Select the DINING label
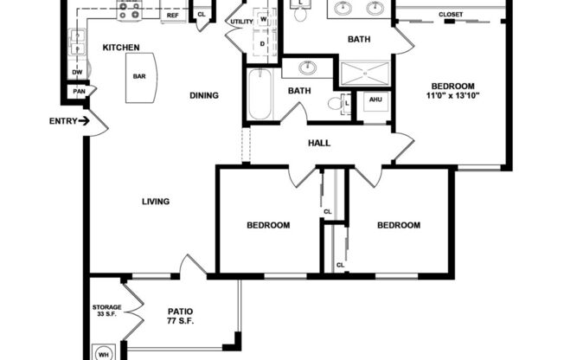click(203, 96)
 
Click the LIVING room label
click(156, 202)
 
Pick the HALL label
click(318, 144)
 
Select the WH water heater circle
click(102, 353)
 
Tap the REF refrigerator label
click(172, 16)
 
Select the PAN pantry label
click(79, 91)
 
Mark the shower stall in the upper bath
click(364, 74)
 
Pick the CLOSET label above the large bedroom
click(450, 15)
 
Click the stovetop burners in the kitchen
click(130, 10)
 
